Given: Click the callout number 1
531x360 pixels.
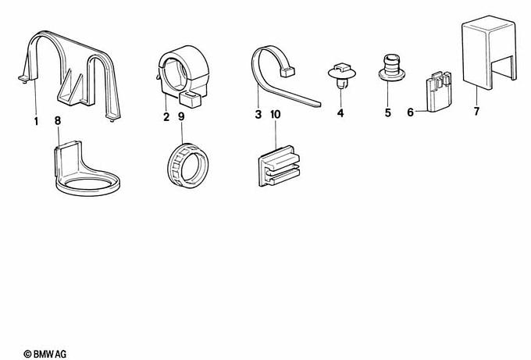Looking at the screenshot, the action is (36, 121).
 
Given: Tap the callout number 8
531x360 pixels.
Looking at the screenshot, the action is (58, 120).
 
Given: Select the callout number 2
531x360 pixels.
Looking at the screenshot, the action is (166, 117).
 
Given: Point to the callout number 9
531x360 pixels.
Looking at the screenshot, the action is (181, 116).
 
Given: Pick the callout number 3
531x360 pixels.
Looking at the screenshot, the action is (258, 115).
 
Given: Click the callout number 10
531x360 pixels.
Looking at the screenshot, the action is (276, 115).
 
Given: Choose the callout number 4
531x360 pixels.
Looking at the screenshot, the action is (340, 113).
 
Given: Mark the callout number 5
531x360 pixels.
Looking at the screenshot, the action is (388, 112).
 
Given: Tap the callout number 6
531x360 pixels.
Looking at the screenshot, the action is (411, 112).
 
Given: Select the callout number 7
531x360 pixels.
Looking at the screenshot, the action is (476, 111).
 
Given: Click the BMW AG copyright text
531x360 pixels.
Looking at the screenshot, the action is (45, 355).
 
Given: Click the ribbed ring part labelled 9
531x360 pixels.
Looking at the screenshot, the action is (188, 166).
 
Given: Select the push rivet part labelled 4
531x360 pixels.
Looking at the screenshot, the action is (342, 75).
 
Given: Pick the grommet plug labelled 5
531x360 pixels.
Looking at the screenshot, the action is (391, 68).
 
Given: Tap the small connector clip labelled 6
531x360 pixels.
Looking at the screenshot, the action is (439, 91).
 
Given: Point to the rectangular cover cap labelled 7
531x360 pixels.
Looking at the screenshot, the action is (490, 52).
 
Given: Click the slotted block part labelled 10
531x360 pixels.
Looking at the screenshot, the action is (279, 166).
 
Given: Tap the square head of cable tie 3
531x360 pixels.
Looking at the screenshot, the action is (287, 72).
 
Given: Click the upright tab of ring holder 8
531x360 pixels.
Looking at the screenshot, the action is (69, 158).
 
